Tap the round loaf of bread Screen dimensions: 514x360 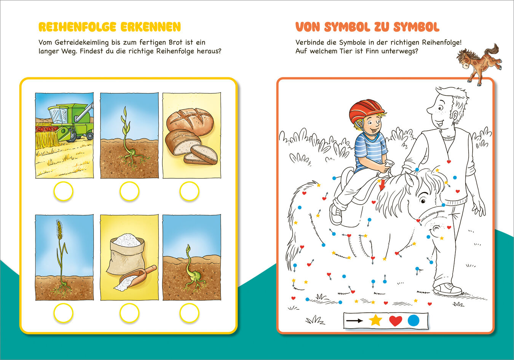coord(190,122)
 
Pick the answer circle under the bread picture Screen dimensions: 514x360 coord(189,191)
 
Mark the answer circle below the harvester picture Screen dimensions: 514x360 coord(63,191)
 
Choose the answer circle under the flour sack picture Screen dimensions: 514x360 coord(129,313)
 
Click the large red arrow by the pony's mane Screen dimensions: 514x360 coord(382,185)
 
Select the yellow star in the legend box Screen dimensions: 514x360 coord(375,320)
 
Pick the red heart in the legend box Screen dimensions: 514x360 coord(396,321)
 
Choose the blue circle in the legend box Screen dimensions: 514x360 coord(414,320)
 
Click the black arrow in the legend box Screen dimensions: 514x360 coord(354,320)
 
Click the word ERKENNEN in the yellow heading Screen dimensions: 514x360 coord(150,27)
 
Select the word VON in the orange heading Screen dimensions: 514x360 coord(308,27)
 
